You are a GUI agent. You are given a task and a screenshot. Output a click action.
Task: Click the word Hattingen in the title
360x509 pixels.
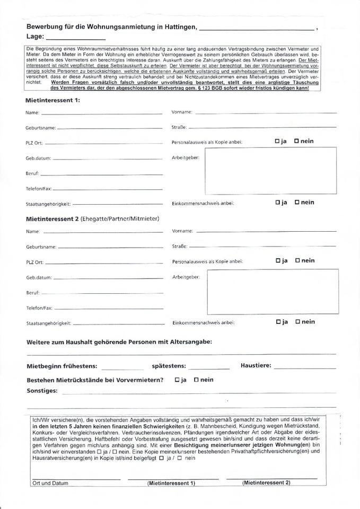coord(179,27)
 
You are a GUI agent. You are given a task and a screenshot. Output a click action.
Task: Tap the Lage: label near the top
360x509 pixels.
coord(34,37)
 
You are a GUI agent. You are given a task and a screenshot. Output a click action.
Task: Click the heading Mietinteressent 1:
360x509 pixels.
coord(52,100)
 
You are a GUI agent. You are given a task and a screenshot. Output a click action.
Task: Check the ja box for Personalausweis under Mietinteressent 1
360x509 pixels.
coord(277,142)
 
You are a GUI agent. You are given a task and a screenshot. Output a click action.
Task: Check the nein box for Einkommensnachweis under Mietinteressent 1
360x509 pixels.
coord(297,202)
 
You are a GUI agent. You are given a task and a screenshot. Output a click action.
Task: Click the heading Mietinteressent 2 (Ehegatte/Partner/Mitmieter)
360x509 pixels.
coord(93,218)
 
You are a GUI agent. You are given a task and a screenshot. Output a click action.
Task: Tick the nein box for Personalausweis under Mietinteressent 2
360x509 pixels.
coord(297,260)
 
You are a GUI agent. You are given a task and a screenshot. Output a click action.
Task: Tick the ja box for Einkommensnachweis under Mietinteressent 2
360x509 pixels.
coord(278,321)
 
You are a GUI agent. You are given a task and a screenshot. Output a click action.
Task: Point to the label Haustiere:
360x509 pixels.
coord(256,366)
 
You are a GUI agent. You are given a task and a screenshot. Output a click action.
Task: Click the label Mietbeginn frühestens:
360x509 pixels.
coord(62,366)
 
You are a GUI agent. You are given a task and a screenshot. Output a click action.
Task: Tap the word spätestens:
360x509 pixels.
coord(169,366)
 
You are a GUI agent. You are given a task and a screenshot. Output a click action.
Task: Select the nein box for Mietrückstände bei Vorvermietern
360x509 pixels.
coord(196,380)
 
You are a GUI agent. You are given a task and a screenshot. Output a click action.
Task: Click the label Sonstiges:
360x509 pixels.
coord(42,391)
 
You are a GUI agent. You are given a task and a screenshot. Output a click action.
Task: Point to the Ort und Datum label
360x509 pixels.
coord(50,483)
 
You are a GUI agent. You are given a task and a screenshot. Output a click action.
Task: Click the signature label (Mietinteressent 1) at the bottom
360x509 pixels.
coord(171,483)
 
